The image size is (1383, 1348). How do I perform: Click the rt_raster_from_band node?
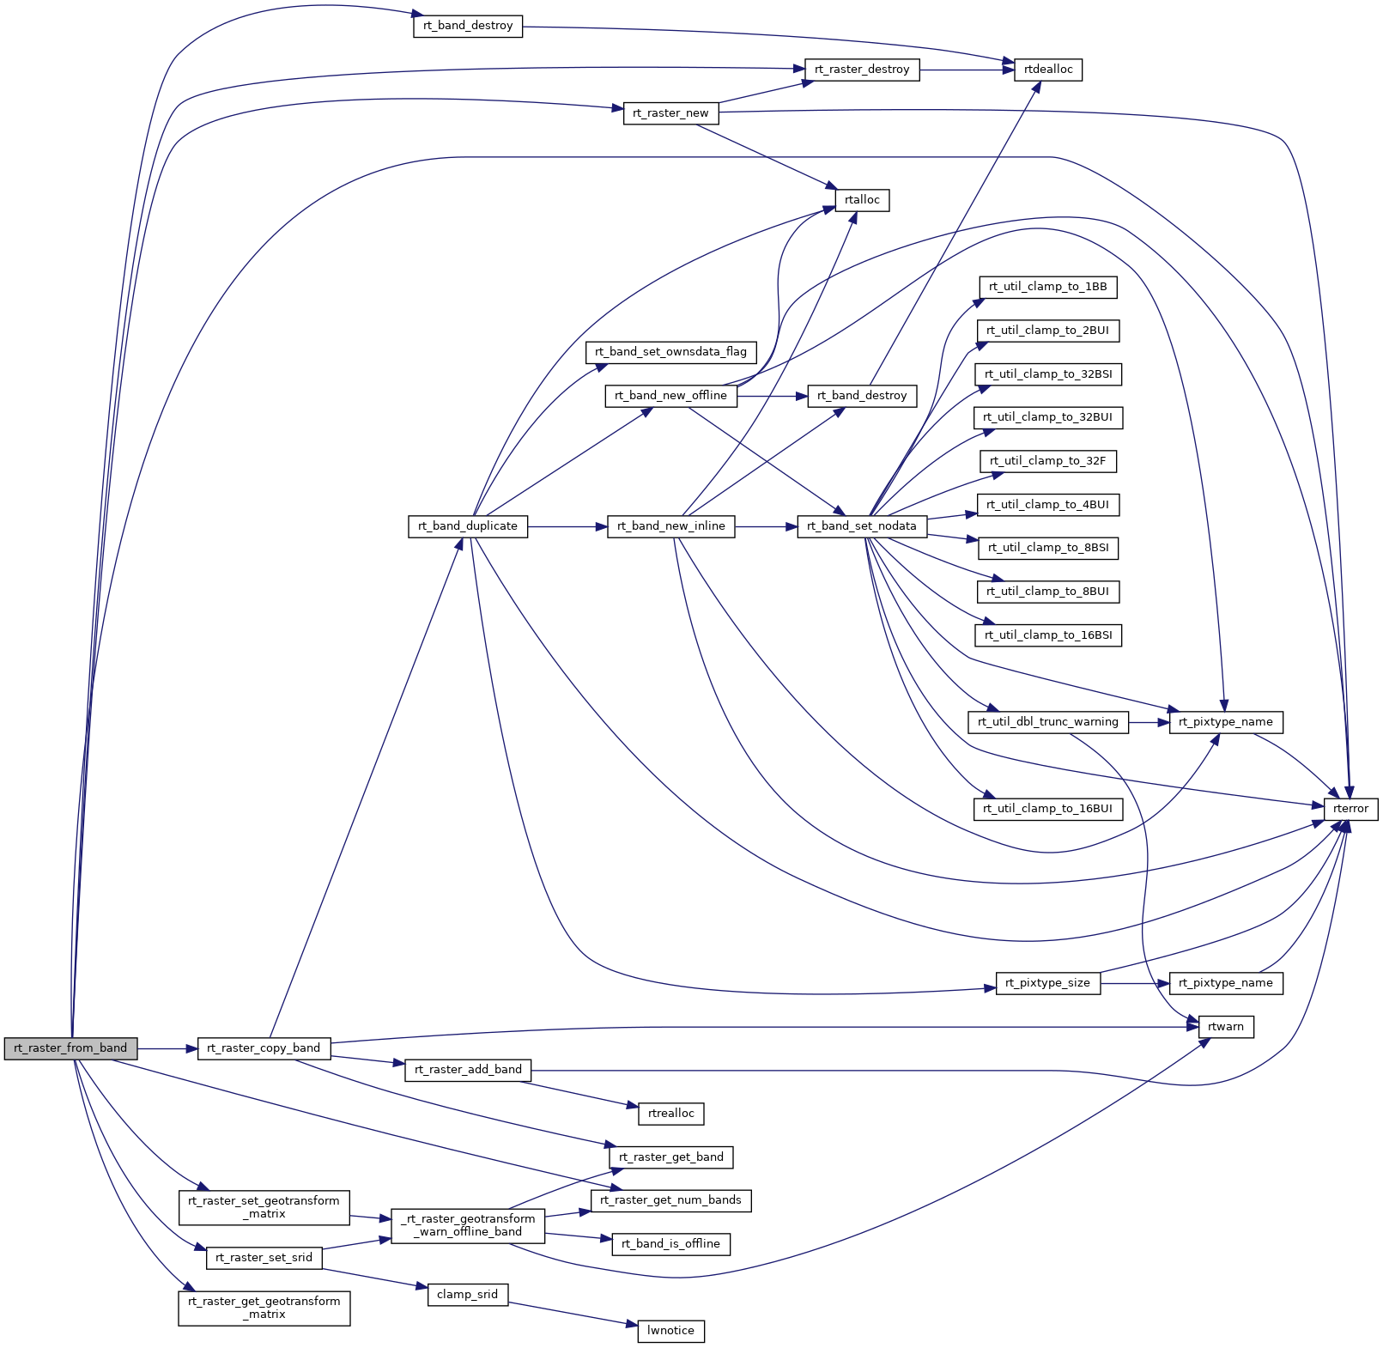click(70, 1048)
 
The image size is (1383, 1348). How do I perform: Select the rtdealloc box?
click(1048, 70)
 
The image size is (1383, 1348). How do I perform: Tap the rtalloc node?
click(862, 200)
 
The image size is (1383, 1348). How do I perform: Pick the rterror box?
click(1350, 809)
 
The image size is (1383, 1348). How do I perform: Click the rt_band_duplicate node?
click(468, 526)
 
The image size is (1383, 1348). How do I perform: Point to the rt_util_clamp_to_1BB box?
click(1047, 287)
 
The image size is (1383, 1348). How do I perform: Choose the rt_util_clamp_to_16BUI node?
click(1047, 809)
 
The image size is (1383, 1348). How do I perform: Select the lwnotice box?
click(670, 1331)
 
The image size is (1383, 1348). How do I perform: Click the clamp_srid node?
click(467, 1295)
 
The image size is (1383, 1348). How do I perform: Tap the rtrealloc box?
click(670, 1114)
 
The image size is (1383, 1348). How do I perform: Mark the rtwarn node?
click(1225, 1027)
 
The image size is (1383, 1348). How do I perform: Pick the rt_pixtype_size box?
click(1047, 983)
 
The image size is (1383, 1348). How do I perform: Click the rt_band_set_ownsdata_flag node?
click(670, 352)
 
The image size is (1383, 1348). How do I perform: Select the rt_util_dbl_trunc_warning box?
click(1047, 722)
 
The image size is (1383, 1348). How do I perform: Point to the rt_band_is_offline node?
click(670, 1244)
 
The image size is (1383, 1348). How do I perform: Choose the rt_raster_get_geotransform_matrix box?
click(264, 1309)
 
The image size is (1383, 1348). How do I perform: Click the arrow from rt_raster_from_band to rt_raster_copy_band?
click(167, 1048)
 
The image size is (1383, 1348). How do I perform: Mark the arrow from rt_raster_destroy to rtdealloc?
click(967, 70)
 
